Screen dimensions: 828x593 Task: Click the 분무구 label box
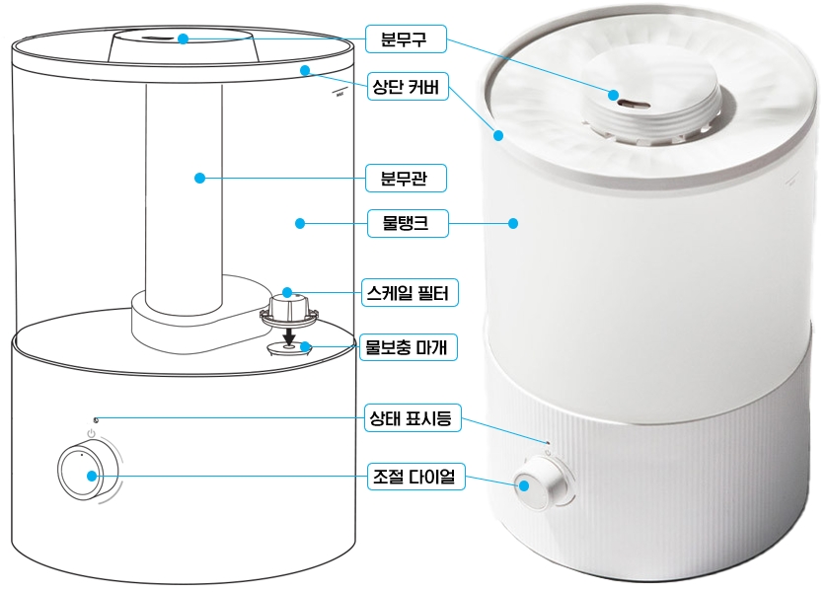[x=406, y=39]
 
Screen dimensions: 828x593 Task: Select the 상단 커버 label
[x=408, y=87]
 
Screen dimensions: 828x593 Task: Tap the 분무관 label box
[x=406, y=179]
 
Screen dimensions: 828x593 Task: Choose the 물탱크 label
[x=408, y=223]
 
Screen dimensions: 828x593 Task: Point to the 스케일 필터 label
[x=410, y=292]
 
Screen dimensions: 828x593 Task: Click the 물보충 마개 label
[x=409, y=347]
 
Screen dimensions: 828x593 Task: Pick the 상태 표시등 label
[x=413, y=418]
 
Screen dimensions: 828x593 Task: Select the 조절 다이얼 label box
[x=416, y=477]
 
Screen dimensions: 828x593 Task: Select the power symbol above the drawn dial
[x=92, y=434]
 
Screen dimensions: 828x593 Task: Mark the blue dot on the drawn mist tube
[x=199, y=178]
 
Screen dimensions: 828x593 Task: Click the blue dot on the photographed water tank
[x=513, y=223]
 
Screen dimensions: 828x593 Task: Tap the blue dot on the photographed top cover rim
[x=498, y=136]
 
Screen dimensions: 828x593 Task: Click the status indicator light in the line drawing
[x=96, y=420]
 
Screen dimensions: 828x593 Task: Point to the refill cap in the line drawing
[x=289, y=348]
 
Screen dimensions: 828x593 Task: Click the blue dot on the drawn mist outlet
[x=183, y=38]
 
